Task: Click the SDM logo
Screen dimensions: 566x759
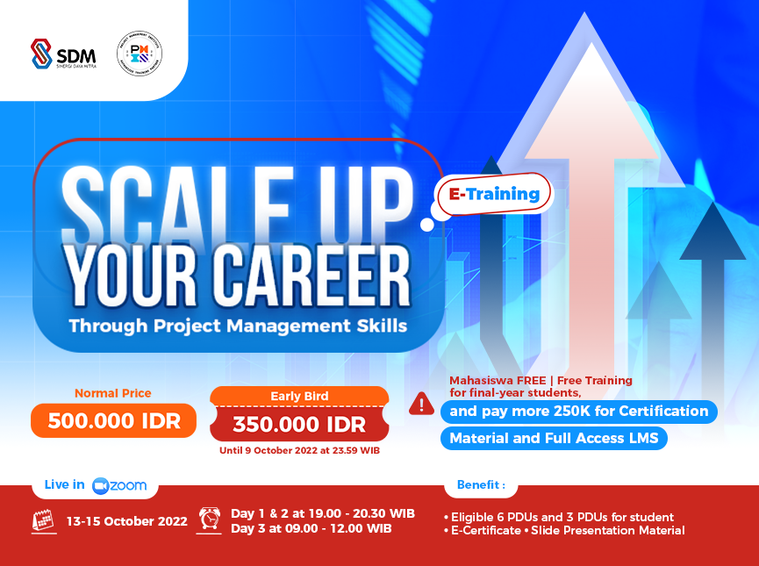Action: click(62, 54)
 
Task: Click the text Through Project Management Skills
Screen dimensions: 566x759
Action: click(238, 326)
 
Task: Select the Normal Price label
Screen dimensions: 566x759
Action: click(112, 393)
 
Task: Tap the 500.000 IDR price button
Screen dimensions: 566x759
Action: click(114, 420)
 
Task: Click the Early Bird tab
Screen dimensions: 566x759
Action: click(299, 397)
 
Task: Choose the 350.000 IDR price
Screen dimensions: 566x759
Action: click(299, 425)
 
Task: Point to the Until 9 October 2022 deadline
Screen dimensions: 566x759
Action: click(299, 451)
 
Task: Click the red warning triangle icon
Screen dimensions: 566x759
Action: click(422, 404)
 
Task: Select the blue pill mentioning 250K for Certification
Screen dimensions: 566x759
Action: click(578, 411)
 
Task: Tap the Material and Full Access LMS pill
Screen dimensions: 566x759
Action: click(554, 438)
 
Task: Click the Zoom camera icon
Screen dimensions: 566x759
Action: click(100, 485)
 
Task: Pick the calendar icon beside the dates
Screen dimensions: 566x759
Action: click(44, 520)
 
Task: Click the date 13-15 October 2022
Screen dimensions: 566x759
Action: click(127, 520)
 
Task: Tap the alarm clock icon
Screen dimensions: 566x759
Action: click(211, 519)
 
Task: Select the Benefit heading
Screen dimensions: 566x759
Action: click(481, 484)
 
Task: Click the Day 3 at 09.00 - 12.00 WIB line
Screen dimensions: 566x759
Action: click(322, 528)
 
